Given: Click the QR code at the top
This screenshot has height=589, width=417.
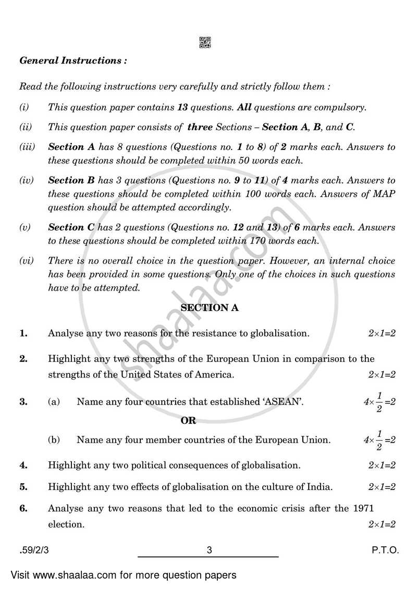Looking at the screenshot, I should (x=205, y=43).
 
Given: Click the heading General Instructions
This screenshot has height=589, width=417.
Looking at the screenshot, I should (x=73, y=60).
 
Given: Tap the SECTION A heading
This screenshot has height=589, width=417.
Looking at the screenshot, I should (x=209, y=308).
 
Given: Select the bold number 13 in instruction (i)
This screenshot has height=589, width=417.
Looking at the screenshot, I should (x=182, y=108).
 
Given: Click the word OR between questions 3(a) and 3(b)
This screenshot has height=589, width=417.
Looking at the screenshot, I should (x=188, y=421).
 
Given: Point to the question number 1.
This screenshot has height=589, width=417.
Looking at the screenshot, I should (x=23, y=334).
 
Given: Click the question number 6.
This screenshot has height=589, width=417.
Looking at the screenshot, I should (x=23, y=508).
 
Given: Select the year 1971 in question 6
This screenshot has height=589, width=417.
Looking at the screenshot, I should (x=384, y=508).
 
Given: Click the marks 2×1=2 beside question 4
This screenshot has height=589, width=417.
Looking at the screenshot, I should (x=382, y=465).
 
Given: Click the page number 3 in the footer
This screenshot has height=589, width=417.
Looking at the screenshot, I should (x=208, y=549).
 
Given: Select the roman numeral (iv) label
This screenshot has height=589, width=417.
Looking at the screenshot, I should (x=26, y=181).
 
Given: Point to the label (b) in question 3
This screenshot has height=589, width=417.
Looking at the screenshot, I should (x=54, y=440).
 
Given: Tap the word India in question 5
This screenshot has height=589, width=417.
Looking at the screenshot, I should (x=320, y=487).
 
